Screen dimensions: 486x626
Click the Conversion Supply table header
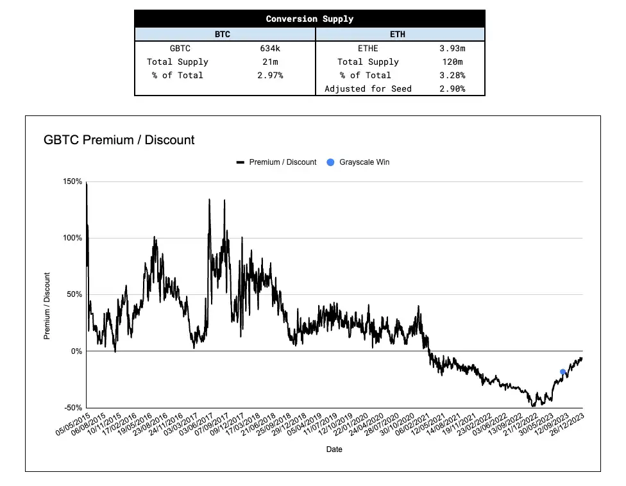click(x=309, y=19)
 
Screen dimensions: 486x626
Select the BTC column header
click(x=222, y=34)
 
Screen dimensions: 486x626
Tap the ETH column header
click(x=398, y=34)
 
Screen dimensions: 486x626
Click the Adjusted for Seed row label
click(x=368, y=88)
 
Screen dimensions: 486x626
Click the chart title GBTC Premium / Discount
click(x=119, y=140)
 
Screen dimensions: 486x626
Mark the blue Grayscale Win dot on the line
click(x=563, y=372)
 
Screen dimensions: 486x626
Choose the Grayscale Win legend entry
click(x=358, y=162)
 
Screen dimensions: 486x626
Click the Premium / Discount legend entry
click(x=276, y=162)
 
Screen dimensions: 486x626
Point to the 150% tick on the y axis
click(x=72, y=181)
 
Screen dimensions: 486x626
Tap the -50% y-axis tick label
click(x=72, y=408)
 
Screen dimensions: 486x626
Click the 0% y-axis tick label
click(x=76, y=351)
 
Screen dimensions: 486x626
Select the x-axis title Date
click(x=334, y=449)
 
